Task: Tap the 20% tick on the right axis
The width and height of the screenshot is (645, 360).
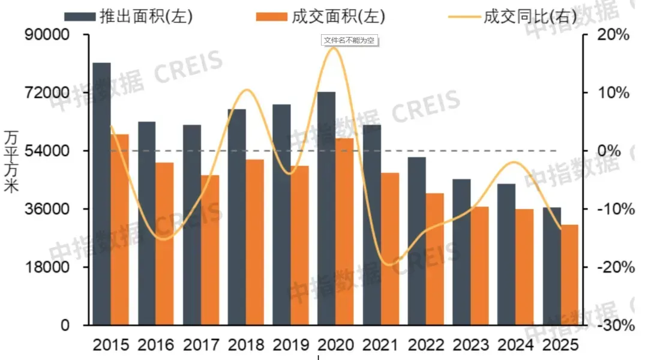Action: pyautogui.click(x=615, y=35)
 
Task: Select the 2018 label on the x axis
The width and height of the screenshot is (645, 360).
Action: pyautogui.click(x=245, y=345)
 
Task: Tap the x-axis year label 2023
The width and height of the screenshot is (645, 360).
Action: pyautogui.click(x=470, y=345)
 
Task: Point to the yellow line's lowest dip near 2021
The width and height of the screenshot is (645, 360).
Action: pyautogui.click(x=389, y=265)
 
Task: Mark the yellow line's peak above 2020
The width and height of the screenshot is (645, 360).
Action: pyautogui.click(x=335, y=48)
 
